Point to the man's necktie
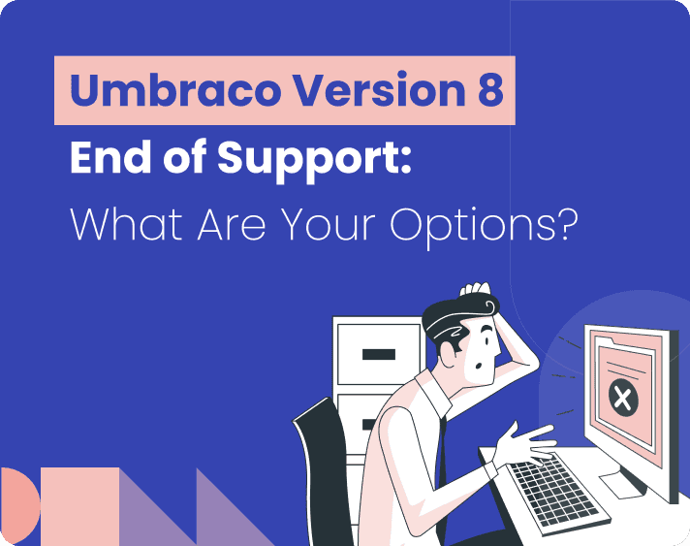tap(440, 456)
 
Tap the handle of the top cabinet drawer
tap(378, 354)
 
